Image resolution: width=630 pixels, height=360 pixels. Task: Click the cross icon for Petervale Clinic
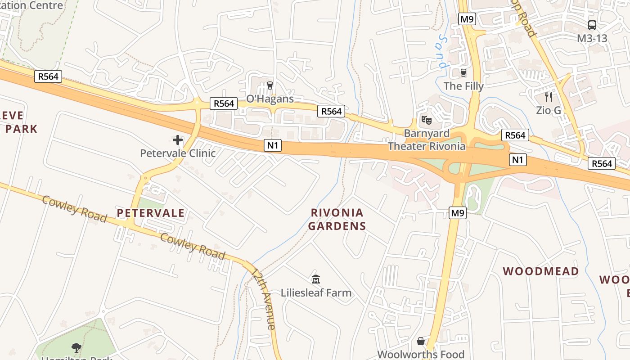(x=178, y=140)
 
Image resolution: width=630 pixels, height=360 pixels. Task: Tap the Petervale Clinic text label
(x=178, y=153)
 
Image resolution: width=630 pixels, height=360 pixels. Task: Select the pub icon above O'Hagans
(x=270, y=85)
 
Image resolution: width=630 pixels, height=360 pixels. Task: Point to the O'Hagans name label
(x=270, y=99)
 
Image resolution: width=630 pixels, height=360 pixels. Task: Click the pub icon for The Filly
(x=463, y=72)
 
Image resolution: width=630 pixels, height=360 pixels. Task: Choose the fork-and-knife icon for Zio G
(x=548, y=97)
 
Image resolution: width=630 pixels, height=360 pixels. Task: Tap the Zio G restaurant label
(x=548, y=110)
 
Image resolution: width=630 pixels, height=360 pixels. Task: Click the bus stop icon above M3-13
(x=592, y=25)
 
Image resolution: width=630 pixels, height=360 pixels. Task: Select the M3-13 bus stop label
(x=592, y=38)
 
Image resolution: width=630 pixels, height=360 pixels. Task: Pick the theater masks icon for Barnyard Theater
(x=426, y=120)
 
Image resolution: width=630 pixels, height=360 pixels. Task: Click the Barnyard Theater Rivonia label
(x=427, y=140)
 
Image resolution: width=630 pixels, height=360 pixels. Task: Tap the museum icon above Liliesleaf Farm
(x=316, y=279)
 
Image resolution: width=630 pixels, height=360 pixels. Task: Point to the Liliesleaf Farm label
(x=316, y=293)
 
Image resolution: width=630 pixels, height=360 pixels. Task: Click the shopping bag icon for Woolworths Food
(x=421, y=341)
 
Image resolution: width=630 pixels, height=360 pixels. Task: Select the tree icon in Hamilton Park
(x=76, y=347)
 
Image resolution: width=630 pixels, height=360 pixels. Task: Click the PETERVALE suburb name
(x=151, y=213)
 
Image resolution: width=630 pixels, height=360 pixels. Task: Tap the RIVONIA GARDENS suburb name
(x=337, y=219)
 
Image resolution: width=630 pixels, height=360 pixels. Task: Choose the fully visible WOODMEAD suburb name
(x=540, y=271)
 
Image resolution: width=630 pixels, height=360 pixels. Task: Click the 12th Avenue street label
(x=264, y=299)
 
